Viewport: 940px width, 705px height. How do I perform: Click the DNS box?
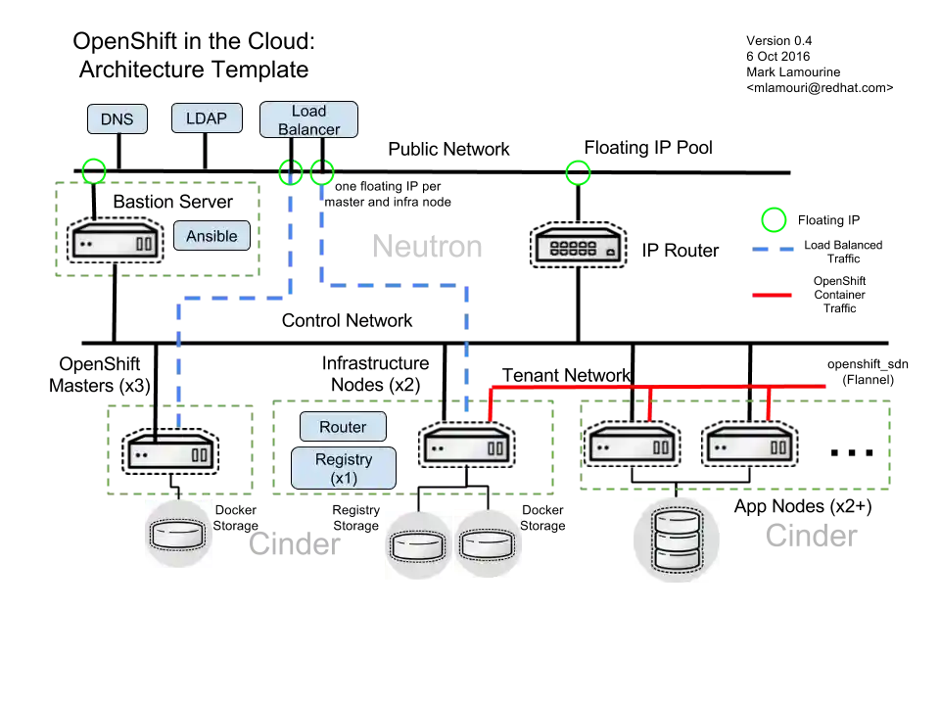(117, 119)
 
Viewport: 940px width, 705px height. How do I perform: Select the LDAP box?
(207, 118)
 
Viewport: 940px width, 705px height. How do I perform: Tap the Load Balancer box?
(308, 120)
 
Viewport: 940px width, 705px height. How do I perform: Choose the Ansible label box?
(211, 236)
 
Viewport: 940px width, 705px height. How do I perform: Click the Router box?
(343, 427)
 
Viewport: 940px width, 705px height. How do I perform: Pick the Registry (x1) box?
(344, 468)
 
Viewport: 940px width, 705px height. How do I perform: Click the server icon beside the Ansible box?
(116, 242)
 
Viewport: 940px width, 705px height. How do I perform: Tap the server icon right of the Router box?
(467, 447)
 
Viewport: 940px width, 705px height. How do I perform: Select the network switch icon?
(577, 245)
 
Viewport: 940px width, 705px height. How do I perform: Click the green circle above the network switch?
(578, 173)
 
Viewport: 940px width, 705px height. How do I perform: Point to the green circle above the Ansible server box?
(94, 172)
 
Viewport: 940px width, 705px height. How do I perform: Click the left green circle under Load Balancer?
(290, 173)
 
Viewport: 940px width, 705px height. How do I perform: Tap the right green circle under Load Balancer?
(322, 173)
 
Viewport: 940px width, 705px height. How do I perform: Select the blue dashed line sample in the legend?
(775, 251)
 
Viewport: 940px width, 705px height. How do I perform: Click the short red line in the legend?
(774, 293)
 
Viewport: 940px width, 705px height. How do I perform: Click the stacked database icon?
(674, 540)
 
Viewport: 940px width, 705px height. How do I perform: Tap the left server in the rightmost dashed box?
(632, 446)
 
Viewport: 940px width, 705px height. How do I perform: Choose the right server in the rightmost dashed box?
(749, 446)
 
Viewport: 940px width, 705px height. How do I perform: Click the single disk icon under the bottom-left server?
(179, 535)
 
